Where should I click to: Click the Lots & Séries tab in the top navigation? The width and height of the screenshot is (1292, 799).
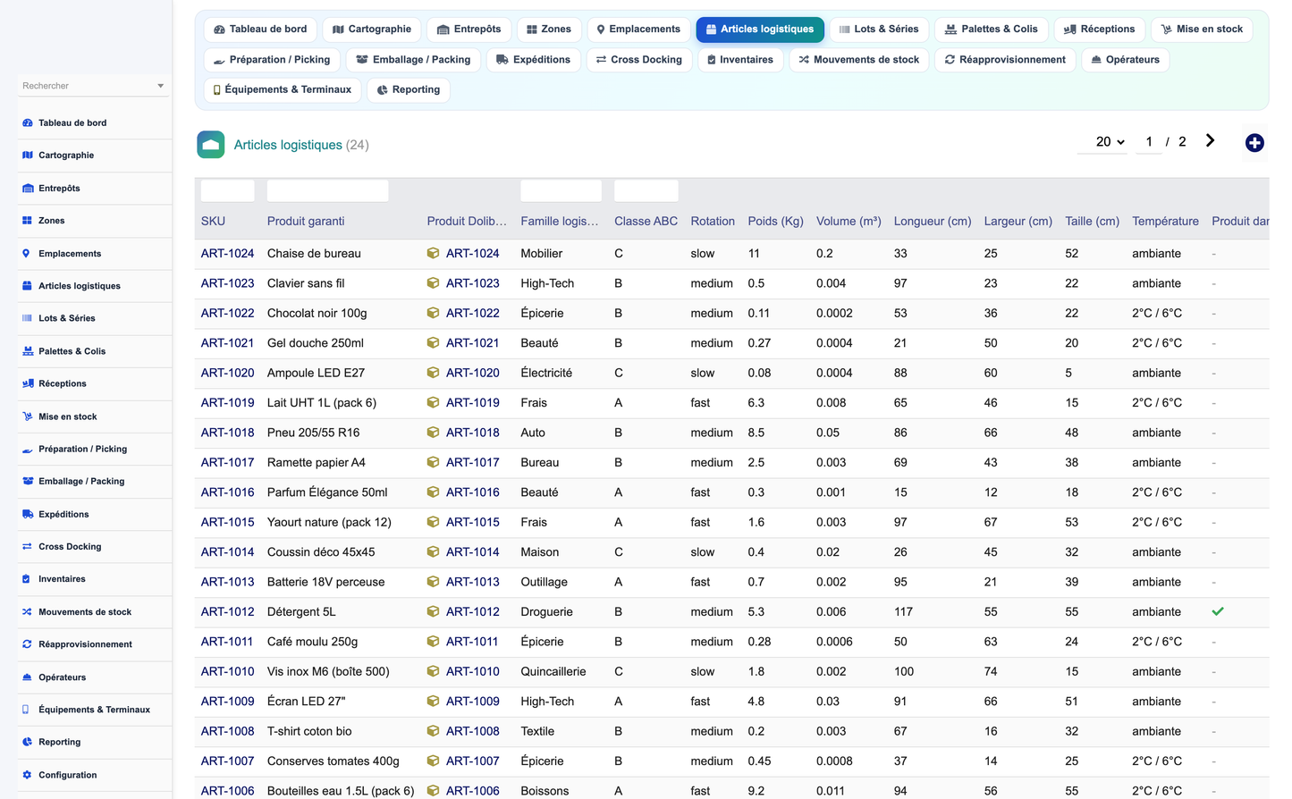coord(878,29)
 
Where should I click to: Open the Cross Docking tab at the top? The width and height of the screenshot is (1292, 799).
coord(638,60)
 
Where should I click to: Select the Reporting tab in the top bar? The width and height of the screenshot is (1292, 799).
coord(408,90)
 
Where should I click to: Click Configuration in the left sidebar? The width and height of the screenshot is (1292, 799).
coord(67,775)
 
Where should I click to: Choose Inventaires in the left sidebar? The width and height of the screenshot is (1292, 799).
coord(62,579)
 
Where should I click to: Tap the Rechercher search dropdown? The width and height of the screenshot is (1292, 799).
coord(94,86)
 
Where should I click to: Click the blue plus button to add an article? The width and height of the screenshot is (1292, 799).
coord(1254,143)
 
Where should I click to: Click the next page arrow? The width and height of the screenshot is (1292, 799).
coord(1210,140)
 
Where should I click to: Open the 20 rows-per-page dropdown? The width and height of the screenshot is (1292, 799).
coord(1110,142)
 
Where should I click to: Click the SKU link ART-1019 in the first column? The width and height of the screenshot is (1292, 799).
coord(227,402)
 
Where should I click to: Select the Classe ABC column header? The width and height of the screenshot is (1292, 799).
coord(646,222)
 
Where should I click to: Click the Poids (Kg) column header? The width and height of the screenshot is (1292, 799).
coord(775,222)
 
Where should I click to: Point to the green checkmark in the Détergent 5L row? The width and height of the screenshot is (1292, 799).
coord(1218,611)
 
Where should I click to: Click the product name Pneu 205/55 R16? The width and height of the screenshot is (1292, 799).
coord(313,433)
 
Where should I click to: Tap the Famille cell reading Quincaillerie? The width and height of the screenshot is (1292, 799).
coord(553,671)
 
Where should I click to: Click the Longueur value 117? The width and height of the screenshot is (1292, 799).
coord(903,611)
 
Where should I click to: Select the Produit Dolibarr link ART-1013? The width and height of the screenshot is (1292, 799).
coord(472,582)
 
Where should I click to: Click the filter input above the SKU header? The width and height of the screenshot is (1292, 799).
coord(227,191)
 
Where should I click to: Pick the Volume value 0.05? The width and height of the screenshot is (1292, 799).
coord(828,433)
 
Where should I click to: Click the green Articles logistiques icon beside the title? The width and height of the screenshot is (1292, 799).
coord(210,145)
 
